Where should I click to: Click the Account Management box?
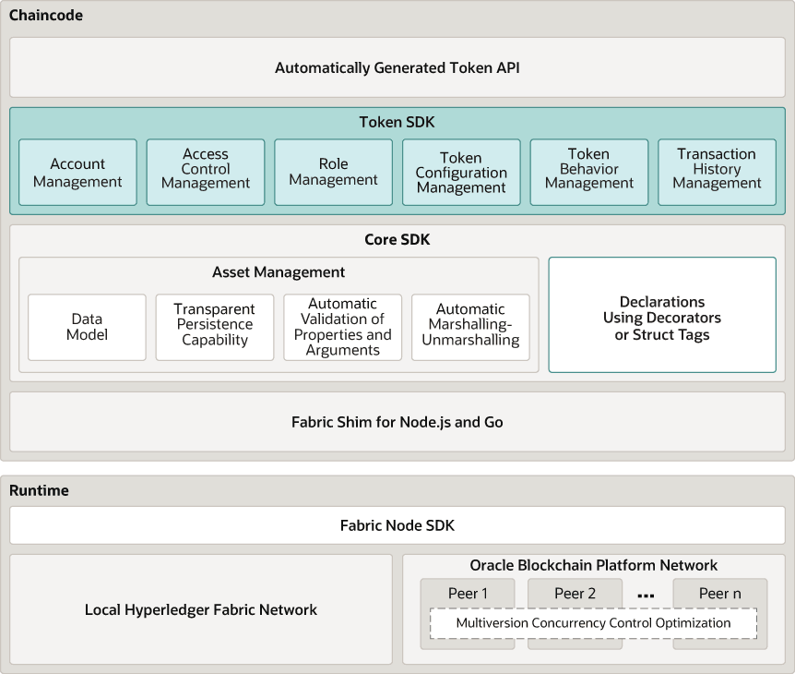[77, 173]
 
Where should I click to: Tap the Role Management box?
[333, 173]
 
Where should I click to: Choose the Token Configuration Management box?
[461, 173]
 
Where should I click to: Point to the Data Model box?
[87, 327]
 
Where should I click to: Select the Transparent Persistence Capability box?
[215, 327]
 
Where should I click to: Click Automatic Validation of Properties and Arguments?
[342, 327]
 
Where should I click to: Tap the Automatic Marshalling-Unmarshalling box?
[470, 327]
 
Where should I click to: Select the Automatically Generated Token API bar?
[397, 67]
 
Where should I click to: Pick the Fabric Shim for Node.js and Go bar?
[397, 422]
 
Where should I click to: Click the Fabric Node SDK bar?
[397, 525]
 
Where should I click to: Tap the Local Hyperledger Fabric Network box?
[201, 609]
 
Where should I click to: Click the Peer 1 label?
[468, 594]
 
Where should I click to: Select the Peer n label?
[720, 594]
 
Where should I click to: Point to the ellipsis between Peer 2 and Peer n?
[646, 596]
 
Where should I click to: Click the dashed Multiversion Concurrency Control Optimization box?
[593, 623]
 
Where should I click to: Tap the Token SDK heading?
[397, 122]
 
